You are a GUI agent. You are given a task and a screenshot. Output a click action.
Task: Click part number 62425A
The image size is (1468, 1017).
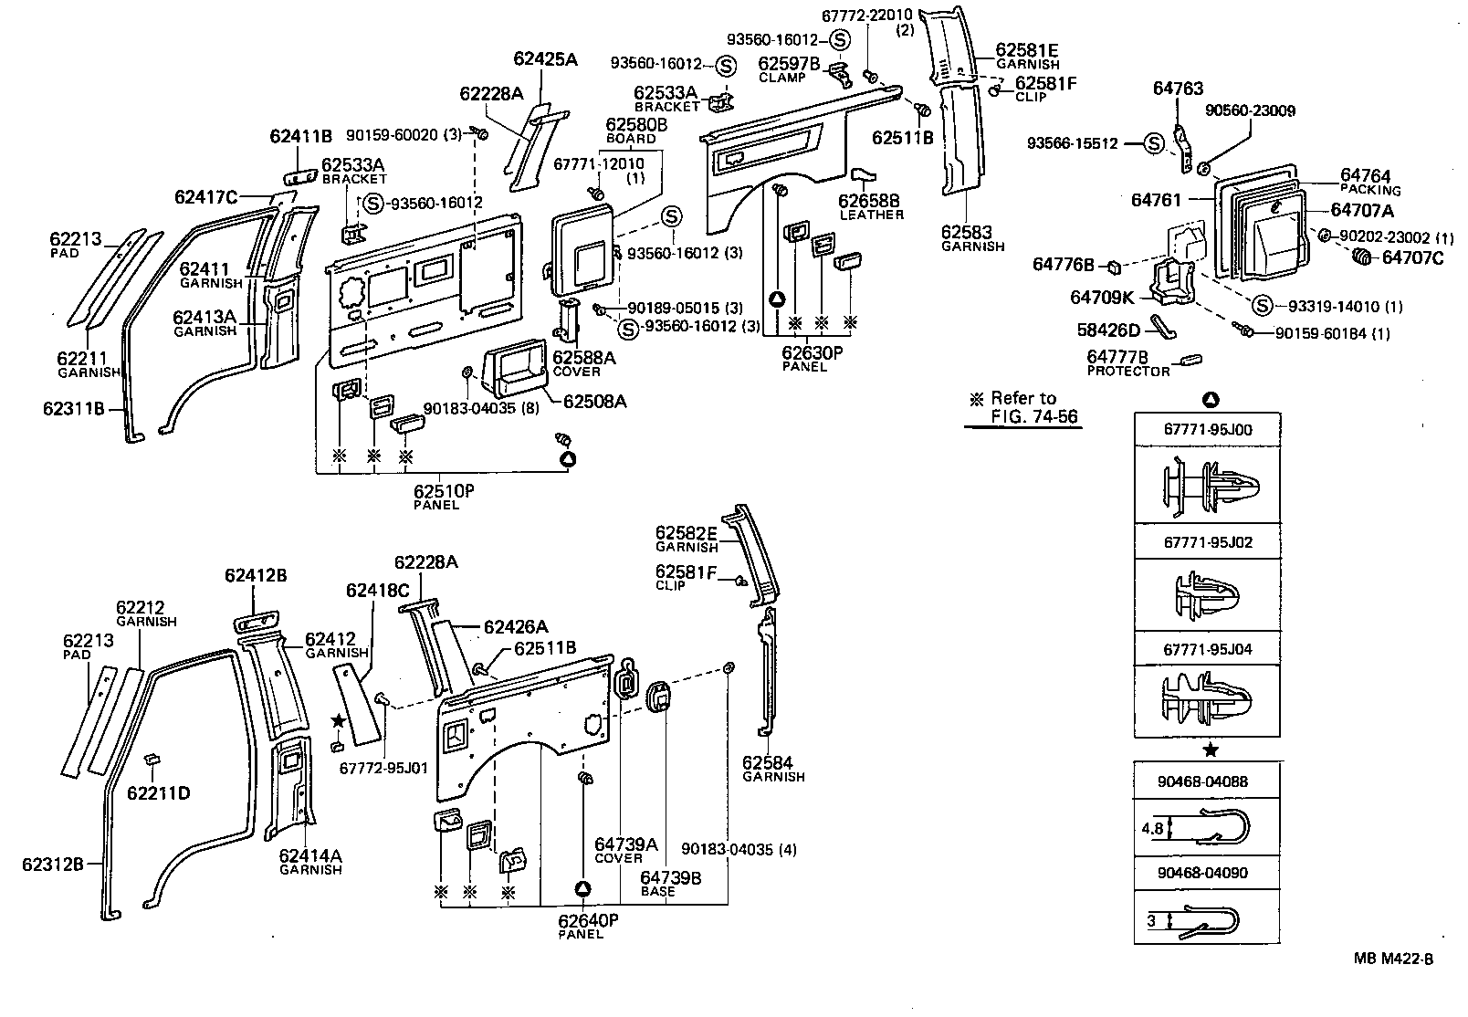tap(545, 59)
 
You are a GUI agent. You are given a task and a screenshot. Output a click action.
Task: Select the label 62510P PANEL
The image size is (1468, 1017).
tap(444, 496)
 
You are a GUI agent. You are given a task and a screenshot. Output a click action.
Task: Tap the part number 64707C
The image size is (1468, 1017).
tap(1412, 257)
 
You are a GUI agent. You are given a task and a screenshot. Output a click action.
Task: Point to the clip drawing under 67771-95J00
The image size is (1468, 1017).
tap(1208, 483)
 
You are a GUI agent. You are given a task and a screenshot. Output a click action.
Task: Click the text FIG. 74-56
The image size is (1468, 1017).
tap(1033, 417)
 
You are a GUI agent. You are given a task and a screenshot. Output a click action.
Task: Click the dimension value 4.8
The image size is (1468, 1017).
tap(1151, 830)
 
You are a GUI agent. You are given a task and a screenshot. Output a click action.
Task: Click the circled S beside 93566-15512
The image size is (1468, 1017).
tap(1154, 143)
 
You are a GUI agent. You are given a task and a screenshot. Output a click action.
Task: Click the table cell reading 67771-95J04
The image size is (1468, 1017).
tap(1208, 649)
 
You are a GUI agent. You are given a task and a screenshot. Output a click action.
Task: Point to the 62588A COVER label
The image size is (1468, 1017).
tap(584, 363)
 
